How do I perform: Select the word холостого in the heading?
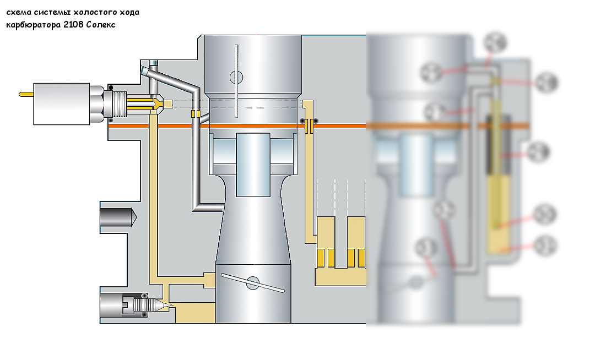tap(91, 12)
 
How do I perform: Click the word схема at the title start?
tap(18, 12)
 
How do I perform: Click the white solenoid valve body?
tap(61, 103)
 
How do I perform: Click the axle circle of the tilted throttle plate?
tap(253, 284)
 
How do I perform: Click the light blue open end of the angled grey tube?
tap(144, 71)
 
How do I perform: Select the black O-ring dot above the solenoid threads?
tap(111, 88)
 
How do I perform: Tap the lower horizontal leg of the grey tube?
tap(208, 207)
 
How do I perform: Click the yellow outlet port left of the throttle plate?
tap(209, 279)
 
